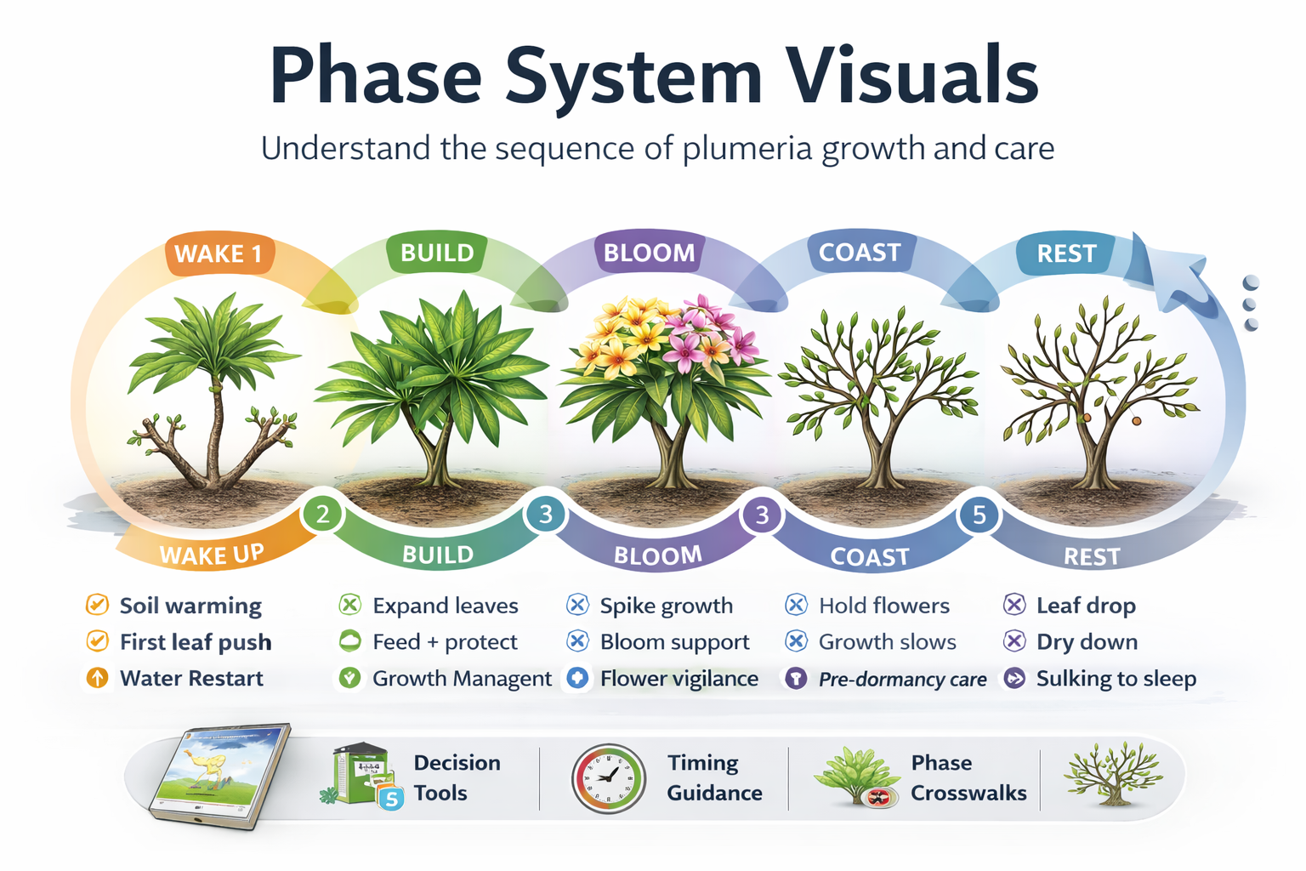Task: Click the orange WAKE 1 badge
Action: tap(219, 254)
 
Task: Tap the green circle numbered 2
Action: tap(322, 514)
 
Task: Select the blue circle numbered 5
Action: tap(979, 515)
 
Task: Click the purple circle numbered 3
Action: tap(762, 515)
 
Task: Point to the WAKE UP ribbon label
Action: tap(212, 555)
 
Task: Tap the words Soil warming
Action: tap(190, 606)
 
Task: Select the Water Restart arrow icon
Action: tap(98, 678)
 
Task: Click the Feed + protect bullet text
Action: tap(445, 642)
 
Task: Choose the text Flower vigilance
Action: tap(679, 679)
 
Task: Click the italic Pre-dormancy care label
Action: tap(902, 680)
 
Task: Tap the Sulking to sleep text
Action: tap(1116, 679)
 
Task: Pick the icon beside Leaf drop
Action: tap(1014, 605)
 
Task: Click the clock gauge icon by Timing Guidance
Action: tap(608, 778)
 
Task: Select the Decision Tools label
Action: tap(457, 777)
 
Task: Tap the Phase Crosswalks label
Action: tap(968, 777)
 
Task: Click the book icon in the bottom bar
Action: tap(219, 775)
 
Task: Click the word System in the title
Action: tap(633, 77)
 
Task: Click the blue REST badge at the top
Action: tap(1065, 253)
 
